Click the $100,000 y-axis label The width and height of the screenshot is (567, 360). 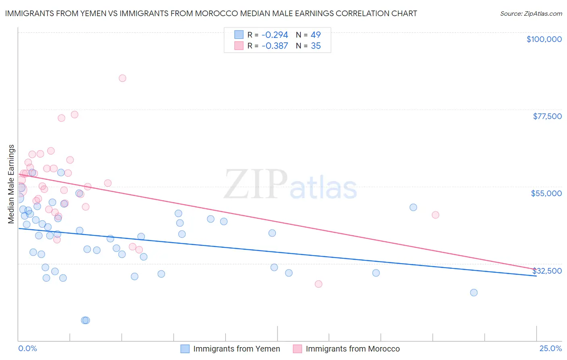point(544,39)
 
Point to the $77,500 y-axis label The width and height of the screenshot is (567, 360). point(547,116)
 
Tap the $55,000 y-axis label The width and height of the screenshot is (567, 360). point(546,193)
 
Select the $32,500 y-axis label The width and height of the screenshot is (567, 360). point(547,271)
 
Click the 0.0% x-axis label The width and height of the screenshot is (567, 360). point(27,348)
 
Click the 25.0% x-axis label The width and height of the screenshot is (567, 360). point(550,348)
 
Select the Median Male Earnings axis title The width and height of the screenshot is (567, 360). point(11,184)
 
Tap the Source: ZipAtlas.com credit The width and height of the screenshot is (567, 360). point(531,13)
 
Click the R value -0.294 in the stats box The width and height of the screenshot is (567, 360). point(275,35)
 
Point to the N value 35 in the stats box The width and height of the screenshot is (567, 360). point(316,46)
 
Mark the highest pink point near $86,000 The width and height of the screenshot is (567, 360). point(122,78)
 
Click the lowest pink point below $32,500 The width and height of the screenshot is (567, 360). point(318,284)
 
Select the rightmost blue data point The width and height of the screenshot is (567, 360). point(474,293)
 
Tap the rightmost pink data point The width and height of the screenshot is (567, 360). point(435,215)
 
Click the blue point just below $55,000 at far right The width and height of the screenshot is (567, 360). point(413,207)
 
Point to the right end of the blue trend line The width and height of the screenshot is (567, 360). point(536,276)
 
